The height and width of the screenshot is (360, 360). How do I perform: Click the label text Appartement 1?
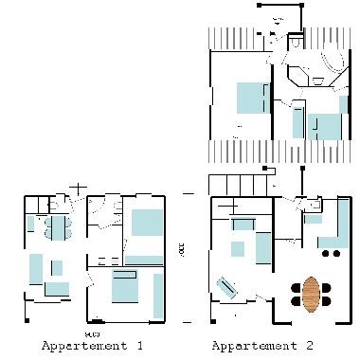[x=92, y=346]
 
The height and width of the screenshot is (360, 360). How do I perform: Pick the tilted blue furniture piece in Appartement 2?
[x=228, y=286]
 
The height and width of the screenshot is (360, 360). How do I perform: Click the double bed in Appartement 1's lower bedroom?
[x=126, y=287]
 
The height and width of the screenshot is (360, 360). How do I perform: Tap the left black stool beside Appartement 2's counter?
[x=326, y=254]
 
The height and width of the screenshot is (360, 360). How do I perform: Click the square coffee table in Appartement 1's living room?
[x=57, y=267]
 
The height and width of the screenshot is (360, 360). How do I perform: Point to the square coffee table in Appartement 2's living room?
[x=262, y=249]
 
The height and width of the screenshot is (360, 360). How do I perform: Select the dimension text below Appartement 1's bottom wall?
[x=92, y=334]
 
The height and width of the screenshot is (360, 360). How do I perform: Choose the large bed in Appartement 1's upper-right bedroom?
[x=147, y=223]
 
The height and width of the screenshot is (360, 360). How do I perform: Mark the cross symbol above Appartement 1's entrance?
[x=80, y=189]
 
